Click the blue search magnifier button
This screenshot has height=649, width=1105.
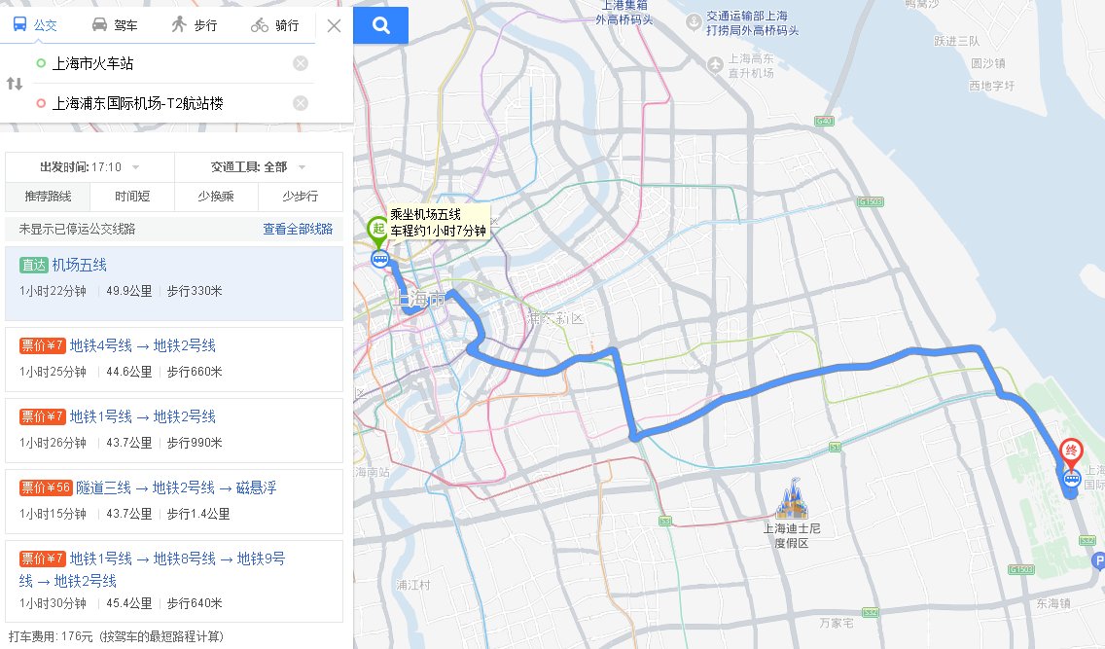click(380, 25)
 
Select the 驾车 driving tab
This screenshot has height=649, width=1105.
click(114, 25)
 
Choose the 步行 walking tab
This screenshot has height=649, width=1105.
click(193, 25)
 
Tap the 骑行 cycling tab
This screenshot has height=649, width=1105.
click(273, 25)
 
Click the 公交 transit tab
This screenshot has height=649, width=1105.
click(36, 25)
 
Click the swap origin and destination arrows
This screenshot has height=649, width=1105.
click(15, 84)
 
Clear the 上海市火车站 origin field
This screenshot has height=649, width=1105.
click(301, 64)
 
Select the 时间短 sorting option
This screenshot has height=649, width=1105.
click(131, 197)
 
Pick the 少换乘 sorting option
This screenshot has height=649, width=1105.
click(215, 197)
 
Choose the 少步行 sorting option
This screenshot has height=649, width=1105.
click(300, 197)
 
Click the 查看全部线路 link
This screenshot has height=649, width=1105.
click(298, 229)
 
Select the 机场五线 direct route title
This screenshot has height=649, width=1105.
click(80, 265)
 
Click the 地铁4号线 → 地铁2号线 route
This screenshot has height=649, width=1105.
click(142, 345)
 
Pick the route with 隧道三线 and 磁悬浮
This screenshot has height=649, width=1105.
click(176, 487)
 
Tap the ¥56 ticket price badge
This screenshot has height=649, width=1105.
click(45, 487)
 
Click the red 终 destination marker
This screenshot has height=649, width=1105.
click(1071, 451)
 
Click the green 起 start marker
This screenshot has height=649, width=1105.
click(377, 231)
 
